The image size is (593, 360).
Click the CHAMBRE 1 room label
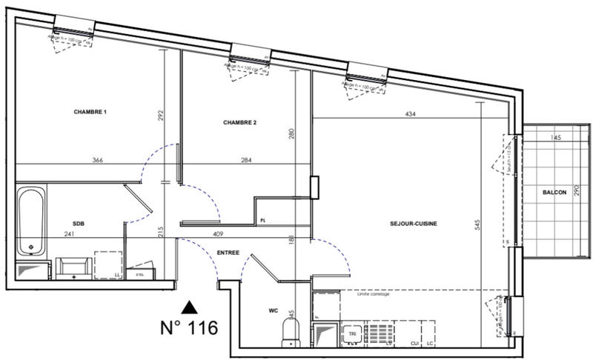90,112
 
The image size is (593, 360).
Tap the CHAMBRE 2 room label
239,122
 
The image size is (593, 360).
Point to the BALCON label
554,192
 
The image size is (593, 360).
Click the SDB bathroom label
78,223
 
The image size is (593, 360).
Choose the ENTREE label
228,253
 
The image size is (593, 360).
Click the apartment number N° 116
189,328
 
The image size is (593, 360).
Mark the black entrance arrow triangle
191,306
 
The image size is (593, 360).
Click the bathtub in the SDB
30,220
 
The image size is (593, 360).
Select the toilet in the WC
290,331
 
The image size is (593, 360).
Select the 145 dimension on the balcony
557,138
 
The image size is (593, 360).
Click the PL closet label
263,220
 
